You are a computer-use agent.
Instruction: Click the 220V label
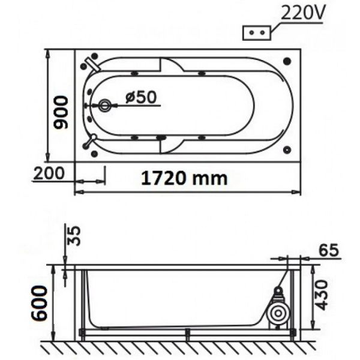(x=302, y=13)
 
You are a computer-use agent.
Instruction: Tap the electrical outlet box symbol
(x=257, y=33)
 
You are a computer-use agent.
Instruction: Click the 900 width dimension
(x=61, y=112)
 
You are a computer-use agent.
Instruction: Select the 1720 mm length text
(x=184, y=178)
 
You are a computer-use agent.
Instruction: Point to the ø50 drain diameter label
(x=141, y=97)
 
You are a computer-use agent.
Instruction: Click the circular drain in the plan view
(x=104, y=106)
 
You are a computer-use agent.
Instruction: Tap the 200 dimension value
(x=49, y=173)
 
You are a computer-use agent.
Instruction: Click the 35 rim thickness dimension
(x=74, y=236)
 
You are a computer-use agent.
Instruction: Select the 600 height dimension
(x=39, y=303)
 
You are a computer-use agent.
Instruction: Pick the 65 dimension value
(x=329, y=250)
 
